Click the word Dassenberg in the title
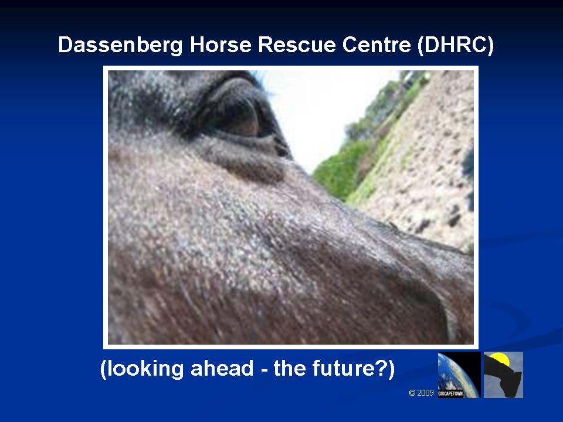tap(120, 45)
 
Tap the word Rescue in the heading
tap(297, 45)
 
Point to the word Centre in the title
tap(377, 45)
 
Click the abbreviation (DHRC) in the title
tap(456, 45)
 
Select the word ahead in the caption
tap(222, 368)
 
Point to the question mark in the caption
tap(381, 368)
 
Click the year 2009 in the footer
tap(426, 393)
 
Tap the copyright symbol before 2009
tap(412, 393)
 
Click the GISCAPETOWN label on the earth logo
tap(450, 394)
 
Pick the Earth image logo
tap(459, 375)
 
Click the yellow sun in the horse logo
tap(500, 359)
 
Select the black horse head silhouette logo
tap(503, 375)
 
